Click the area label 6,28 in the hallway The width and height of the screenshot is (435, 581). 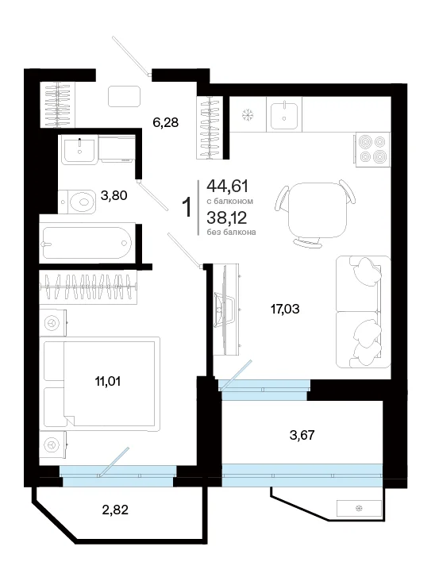point(166,122)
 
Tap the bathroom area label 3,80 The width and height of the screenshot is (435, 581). point(114,195)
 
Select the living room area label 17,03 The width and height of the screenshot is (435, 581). point(285,309)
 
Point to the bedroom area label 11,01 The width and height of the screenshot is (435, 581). point(108,381)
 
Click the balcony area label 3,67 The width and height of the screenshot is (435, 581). point(302,435)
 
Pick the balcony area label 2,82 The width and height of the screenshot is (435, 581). point(115,510)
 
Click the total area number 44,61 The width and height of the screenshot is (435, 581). point(228,186)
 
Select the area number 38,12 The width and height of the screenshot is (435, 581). point(227,217)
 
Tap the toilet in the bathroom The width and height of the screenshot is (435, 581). point(77,202)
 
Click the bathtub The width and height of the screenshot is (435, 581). point(88,243)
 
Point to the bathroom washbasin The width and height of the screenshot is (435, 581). point(79,149)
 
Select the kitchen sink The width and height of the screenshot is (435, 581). point(284,114)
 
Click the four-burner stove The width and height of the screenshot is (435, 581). point(373,149)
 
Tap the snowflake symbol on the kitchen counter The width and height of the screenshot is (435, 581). point(248,115)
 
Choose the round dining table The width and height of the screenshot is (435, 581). point(318,211)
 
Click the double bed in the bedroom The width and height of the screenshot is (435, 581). point(100,384)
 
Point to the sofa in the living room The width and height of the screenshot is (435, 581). point(364,312)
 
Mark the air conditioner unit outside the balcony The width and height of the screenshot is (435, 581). point(359,508)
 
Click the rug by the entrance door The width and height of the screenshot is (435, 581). point(124,97)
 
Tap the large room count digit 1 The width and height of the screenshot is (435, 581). point(188,207)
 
